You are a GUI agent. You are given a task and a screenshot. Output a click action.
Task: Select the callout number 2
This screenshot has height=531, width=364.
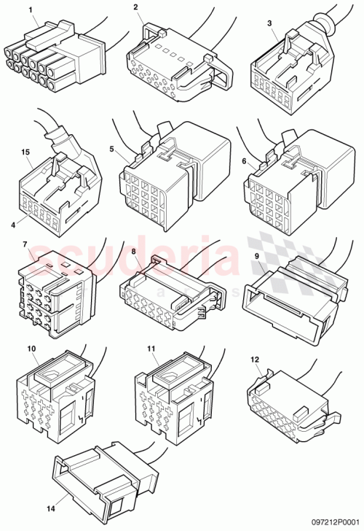point(136,7)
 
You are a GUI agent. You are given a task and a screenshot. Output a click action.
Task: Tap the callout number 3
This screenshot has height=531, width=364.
point(270,23)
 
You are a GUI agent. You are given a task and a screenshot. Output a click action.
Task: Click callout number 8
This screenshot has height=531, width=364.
point(134,252)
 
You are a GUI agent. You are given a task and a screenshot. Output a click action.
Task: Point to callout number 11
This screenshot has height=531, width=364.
point(151,348)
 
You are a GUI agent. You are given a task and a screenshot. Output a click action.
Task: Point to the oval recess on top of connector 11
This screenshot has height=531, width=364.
point(170,373)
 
